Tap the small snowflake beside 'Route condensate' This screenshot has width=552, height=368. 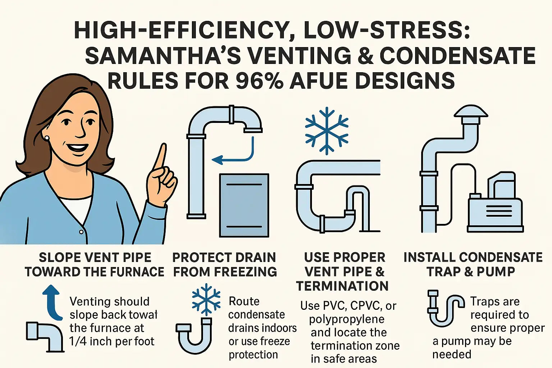click(x=206, y=299)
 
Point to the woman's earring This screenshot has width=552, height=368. click(x=47, y=138)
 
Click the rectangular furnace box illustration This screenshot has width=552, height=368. click(x=244, y=205)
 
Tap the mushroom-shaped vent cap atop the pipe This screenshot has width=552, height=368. click(x=471, y=114)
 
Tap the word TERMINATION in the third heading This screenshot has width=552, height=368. click(x=342, y=286)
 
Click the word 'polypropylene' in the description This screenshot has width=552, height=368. click(x=346, y=319)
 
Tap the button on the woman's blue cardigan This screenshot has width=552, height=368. click(x=82, y=232)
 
